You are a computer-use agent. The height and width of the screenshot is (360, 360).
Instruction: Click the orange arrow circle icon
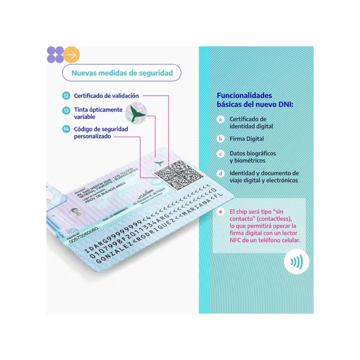point(72,54)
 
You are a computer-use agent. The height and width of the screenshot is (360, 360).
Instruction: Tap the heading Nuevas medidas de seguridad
point(122,73)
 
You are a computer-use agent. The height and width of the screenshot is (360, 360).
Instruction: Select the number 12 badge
point(67,96)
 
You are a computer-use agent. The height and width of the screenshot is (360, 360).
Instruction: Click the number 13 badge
point(67,110)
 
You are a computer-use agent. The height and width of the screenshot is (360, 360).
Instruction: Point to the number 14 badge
point(67,128)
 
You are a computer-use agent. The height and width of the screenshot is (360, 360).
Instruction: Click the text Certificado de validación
point(106,96)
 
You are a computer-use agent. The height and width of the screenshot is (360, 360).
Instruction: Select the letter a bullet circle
point(220,120)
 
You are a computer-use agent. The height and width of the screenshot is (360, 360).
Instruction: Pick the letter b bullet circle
point(220,139)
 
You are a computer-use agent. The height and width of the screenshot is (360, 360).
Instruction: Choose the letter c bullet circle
point(220,153)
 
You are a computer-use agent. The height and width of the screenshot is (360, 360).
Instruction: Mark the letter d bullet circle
point(220,173)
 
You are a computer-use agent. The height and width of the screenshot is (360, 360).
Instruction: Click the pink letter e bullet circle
point(220,212)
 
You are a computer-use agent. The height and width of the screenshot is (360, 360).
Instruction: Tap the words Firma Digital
point(247,139)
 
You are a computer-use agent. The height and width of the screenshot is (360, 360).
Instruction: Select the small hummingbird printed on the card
point(159,163)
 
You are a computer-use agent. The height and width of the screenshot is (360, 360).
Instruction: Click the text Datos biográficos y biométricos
point(253,157)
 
